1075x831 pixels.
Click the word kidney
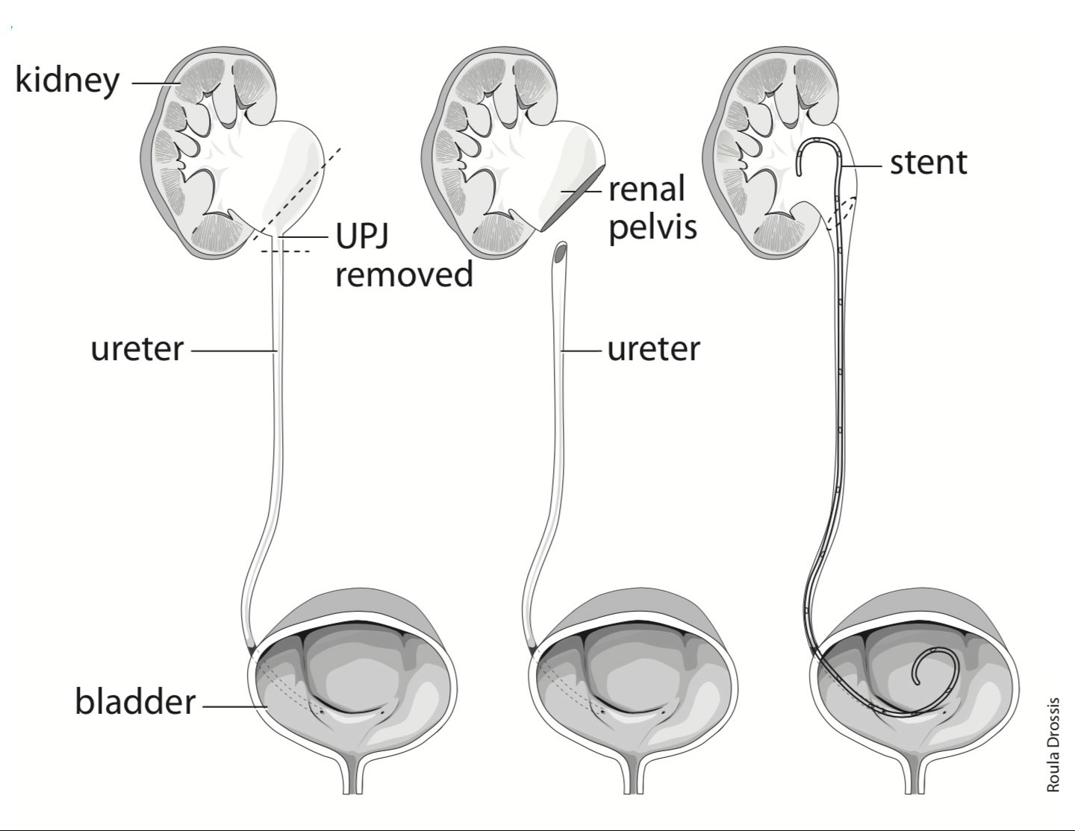pos(67,79)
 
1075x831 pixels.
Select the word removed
pos(404,274)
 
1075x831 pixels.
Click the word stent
pos(928,162)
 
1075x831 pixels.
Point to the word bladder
pos(135,702)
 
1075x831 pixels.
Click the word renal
pos(646,189)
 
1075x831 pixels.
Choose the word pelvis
pos(652,226)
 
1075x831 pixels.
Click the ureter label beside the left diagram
pos(137,348)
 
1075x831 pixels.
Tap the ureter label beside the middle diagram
pos(653,348)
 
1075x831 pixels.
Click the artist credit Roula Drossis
pos(1053,744)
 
